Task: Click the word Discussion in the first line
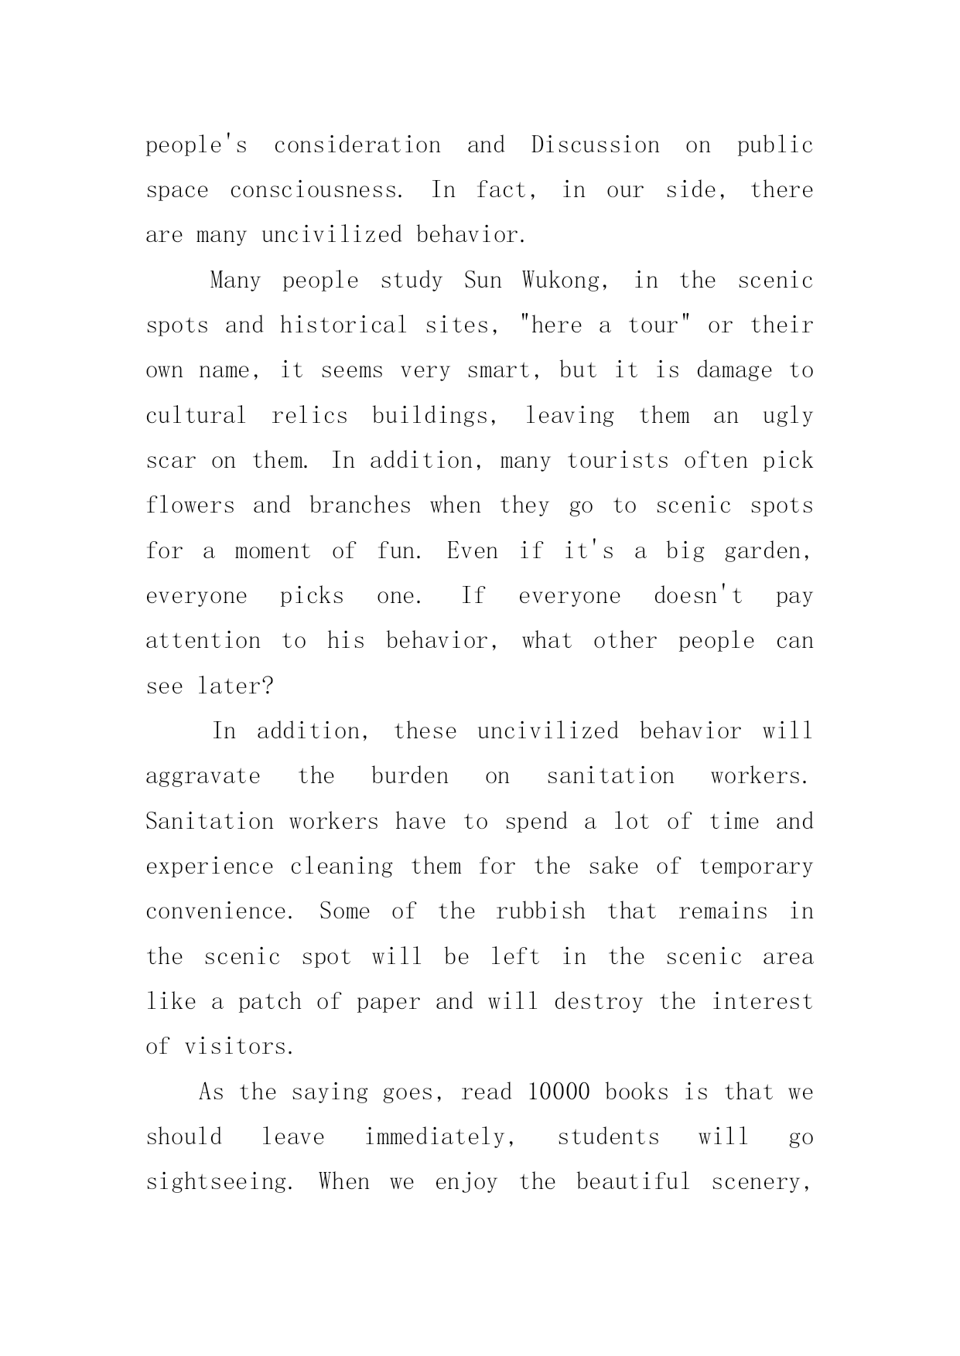tap(595, 145)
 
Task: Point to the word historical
tap(343, 325)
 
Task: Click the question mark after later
tap(268, 687)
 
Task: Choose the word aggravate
tap(203, 777)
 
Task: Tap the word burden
tap(410, 776)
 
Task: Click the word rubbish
tap(541, 911)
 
